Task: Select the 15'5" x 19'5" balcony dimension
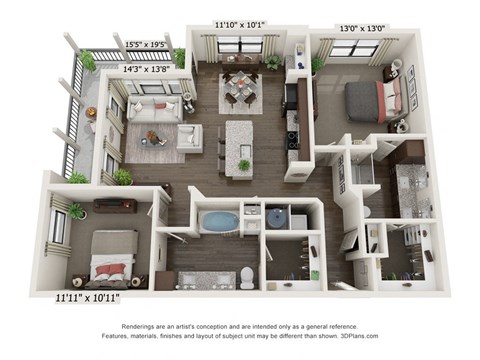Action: click(x=146, y=46)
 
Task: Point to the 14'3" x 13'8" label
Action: click(x=146, y=70)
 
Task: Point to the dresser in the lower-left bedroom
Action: click(x=113, y=205)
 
